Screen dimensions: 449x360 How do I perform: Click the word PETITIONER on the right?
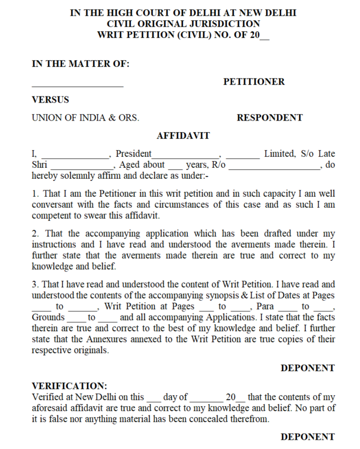(x=254, y=82)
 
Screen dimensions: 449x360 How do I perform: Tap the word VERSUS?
(x=50, y=100)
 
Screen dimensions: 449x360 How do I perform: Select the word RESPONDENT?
(x=270, y=117)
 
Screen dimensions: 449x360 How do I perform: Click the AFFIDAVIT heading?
(x=183, y=135)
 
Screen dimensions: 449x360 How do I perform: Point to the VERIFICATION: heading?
(x=70, y=385)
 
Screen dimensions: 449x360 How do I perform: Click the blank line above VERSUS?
(x=77, y=86)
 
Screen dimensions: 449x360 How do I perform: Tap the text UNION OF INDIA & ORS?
(x=85, y=117)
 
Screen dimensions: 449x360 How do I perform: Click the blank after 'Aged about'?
(x=174, y=166)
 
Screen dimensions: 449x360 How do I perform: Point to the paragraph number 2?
(x=35, y=234)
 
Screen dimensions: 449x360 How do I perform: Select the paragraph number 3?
(x=35, y=284)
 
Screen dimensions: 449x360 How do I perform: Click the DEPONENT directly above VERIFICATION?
(x=307, y=368)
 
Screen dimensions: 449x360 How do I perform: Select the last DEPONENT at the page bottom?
(x=307, y=437)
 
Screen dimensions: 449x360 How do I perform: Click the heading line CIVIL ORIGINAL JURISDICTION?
(x=183, y=24)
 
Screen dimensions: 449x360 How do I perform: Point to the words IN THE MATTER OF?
(x=81, y=64)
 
